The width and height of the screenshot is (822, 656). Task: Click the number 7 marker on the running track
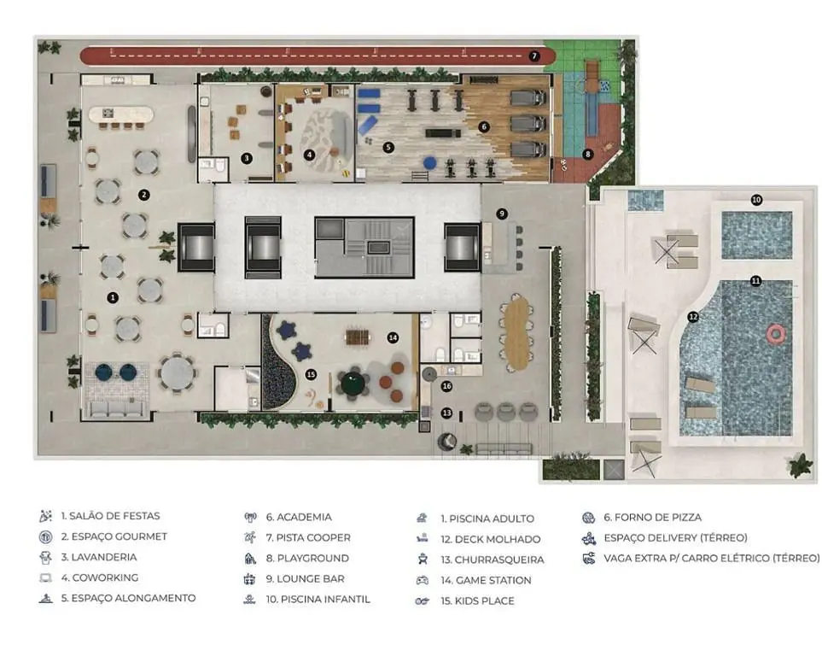(533, 56)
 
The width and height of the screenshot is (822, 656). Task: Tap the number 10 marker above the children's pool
(756, 200)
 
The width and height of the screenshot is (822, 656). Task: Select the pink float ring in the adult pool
(775, 333)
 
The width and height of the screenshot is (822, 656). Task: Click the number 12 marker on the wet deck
(693, 317)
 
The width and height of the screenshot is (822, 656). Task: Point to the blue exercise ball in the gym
(430, 163)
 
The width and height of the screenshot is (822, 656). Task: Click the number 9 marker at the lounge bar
(502, 214)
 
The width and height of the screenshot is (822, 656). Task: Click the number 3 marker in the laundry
(247, 158)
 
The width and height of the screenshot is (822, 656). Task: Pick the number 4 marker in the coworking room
(309, 155)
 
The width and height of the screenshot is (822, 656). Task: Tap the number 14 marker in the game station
(393, 338)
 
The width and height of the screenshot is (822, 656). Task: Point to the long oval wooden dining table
(517, 332)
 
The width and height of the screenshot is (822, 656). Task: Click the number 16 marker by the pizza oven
(446, 386)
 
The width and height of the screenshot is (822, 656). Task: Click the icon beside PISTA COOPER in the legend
(250, 537)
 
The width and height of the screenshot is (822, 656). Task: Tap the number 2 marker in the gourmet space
(144, 195)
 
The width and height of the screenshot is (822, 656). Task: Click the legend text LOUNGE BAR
(311, 579)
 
